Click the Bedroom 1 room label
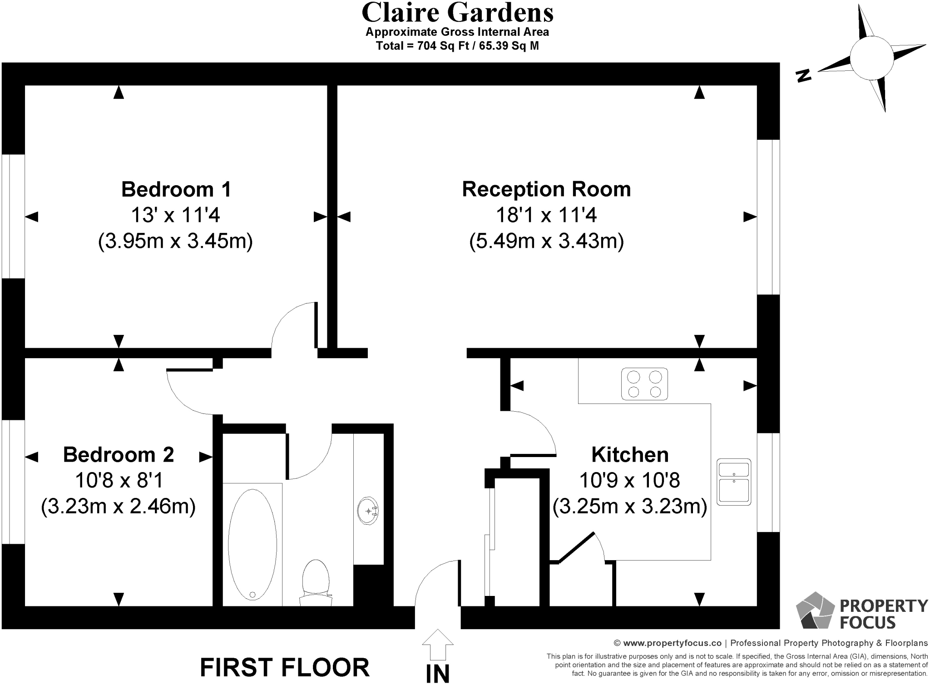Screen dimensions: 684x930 click(x=176, y=189)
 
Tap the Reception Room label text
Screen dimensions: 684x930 click(x=546, y=189)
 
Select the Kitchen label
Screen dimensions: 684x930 click(x=630, y=454)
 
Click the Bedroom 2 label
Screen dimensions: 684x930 click(x=119, y=454)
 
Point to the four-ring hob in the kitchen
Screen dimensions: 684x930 click(x=644, y=384)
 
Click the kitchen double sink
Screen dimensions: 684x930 click(x=733, y=482)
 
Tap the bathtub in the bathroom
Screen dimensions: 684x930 click(x=252, y=545)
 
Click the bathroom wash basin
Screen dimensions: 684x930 click(x=368, y=511)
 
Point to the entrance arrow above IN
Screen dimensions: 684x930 click(x=437, y=644)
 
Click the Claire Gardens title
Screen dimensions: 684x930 click(x=457, y=13)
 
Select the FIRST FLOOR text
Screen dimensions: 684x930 click(x=285, y=667)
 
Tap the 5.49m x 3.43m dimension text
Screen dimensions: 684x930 click(x=546, y=241)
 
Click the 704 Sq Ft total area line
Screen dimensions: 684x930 click(x=457, y=46)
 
